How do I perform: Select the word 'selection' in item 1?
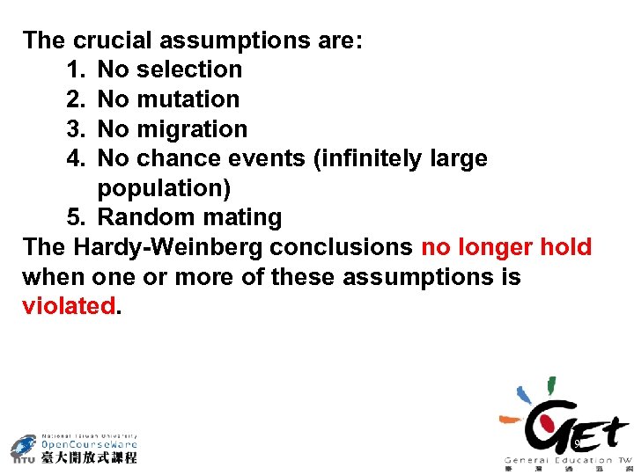pyautogui.click(x=190, y=69)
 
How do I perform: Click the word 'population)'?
pyautogui.click(x=164, y=187)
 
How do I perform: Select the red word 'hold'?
pyautogui.click(x=565, y=247)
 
